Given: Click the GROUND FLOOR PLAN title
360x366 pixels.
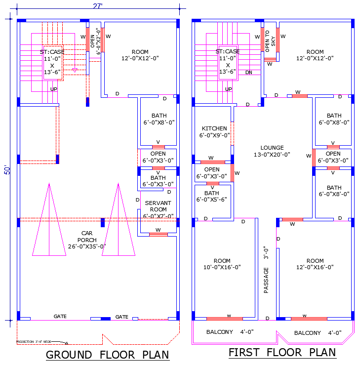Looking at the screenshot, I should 107,355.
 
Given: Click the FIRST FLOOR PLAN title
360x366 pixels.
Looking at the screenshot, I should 282,353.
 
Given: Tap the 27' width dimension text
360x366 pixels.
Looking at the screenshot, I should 98,6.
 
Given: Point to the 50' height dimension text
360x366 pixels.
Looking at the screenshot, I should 7,169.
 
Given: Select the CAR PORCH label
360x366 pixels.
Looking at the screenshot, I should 87,240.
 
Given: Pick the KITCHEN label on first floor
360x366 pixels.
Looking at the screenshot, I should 214,132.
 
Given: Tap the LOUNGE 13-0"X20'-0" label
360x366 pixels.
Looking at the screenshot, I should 272,151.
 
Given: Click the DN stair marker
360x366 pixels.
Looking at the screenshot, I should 249,72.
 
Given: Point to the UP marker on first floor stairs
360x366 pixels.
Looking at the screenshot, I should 228,89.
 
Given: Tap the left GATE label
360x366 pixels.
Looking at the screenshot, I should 60,317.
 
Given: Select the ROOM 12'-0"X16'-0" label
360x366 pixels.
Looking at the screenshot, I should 315,264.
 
